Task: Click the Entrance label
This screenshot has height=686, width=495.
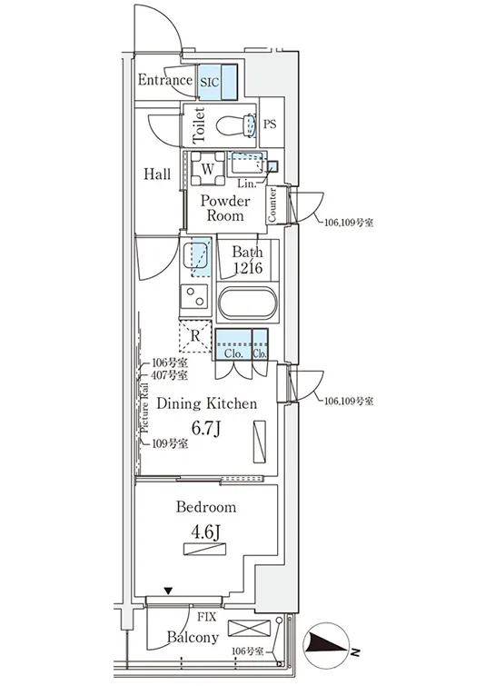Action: tap(165, 80)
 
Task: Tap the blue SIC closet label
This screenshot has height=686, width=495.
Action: tap(210, 83)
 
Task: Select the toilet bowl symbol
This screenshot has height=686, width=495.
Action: tap(235, 125)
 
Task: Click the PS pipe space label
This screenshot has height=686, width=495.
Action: tap(270, 124)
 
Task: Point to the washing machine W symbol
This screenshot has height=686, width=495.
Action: tap(208, 169)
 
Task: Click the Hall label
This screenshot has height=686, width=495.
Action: tap(157, 174)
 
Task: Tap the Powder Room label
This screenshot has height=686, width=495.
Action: tap(225, 208)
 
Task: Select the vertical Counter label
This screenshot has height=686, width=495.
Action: tap(272, 204)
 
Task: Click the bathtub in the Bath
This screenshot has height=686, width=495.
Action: tap(248, 303)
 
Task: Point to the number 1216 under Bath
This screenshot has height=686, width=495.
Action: tap(247, 267)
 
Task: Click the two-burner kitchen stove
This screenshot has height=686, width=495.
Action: tap(194, 296)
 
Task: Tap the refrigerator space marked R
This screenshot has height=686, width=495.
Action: tap(195, 336)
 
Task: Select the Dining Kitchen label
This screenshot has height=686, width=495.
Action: tap(207, 403)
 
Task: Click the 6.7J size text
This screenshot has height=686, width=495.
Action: tap(205, 428)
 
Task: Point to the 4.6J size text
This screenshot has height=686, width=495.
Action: tap(205, 532)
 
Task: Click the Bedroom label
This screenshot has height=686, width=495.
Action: tap(206, 507)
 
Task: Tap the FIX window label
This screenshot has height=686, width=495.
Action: tap(206, 617)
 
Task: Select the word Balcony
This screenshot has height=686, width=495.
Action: tap(193, 638)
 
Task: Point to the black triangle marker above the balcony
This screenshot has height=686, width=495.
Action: tap(169, 592)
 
